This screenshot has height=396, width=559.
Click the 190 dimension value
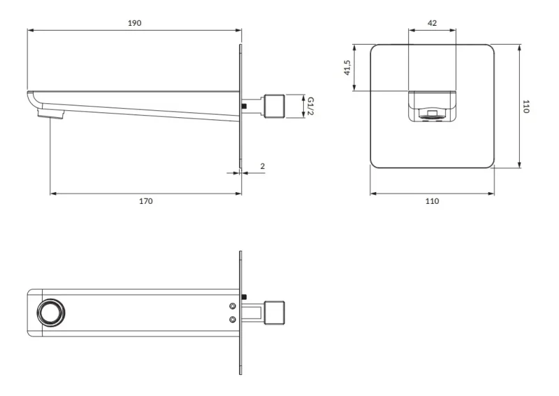pos(134,23)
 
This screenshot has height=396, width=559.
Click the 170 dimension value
pos(146,201)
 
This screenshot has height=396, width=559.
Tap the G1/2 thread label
pos(310,106)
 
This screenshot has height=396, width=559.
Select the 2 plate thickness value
pos(263,166)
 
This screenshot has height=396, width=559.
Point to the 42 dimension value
pos(432,23)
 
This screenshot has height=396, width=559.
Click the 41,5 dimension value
pos(347,67)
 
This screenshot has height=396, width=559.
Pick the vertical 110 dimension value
pos(525,106)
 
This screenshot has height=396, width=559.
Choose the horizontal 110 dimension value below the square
pos(432,201)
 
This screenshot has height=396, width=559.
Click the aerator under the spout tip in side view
pos(51,114)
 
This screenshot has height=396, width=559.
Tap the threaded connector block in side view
pos(275,106)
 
